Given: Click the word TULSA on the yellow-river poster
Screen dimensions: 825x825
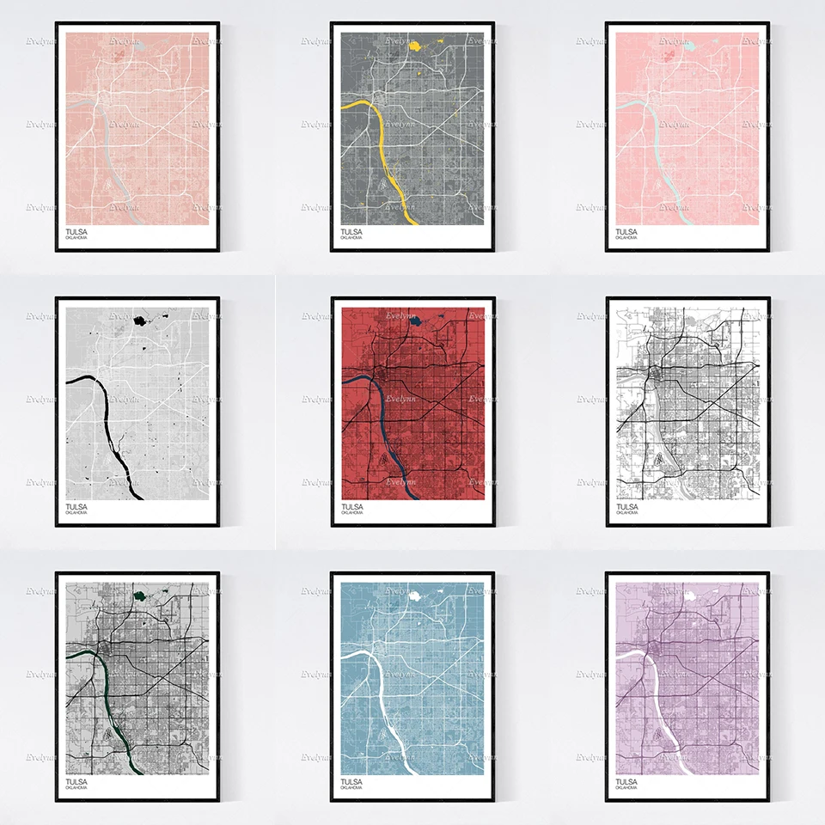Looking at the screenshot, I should point(351,232).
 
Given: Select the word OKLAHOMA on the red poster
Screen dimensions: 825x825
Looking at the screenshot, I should point(351,513).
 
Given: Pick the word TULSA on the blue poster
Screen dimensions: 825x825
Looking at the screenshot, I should point(351,781).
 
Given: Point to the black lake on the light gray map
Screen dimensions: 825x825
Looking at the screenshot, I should point(139,321).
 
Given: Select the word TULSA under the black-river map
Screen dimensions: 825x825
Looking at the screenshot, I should point(76,507).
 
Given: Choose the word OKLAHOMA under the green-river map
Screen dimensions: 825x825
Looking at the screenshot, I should point(76,788).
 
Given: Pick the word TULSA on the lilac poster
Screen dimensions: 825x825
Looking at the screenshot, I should point(627,781).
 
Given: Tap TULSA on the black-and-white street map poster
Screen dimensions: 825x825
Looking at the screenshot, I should point(627,507).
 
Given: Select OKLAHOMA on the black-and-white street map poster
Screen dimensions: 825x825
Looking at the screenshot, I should point(627,513).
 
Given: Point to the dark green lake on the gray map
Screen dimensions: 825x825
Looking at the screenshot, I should point(138,594).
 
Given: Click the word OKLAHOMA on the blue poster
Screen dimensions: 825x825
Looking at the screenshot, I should point(351,788).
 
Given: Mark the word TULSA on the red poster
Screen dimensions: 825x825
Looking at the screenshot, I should point(351,507).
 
